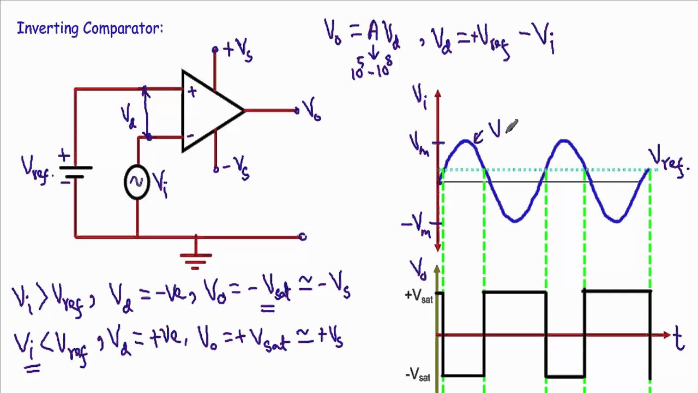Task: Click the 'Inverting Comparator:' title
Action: click(90, 28)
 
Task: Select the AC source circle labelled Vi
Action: click(136, 182)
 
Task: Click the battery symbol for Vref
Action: click(75, 170)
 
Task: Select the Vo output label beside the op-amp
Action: click(311, 111)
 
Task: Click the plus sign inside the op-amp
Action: click(191, 92)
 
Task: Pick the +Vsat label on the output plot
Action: click(419, 296)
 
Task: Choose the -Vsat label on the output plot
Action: click(418, 375)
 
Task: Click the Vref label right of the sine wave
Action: click(667, 160)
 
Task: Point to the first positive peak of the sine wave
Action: click(465, 141)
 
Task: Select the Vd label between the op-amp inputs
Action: click(129, 116)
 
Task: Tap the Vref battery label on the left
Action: click(37, 168)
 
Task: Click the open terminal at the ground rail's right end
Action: click(303, 237)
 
